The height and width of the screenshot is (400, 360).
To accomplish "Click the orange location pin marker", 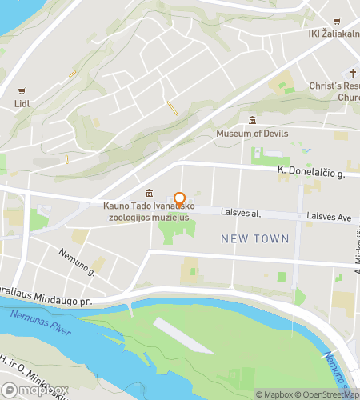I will point(179,200).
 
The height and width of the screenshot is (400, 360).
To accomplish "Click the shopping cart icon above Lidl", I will point(22,90).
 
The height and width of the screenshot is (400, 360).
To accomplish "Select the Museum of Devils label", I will point(252,134).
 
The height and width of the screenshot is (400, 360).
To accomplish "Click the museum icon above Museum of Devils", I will point(252,120).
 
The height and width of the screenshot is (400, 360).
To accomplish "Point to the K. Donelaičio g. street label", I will point(310,172).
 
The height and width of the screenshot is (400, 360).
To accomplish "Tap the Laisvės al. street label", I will point(245,214).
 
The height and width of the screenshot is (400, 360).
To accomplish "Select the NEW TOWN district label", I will point(251,238).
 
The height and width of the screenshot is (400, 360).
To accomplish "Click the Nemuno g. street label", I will point(76,262).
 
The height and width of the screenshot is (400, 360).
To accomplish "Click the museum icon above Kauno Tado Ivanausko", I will point(150,193).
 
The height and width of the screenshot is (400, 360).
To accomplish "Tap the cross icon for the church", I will point(351,71).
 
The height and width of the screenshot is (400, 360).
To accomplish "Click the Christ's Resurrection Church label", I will point(337,91).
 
